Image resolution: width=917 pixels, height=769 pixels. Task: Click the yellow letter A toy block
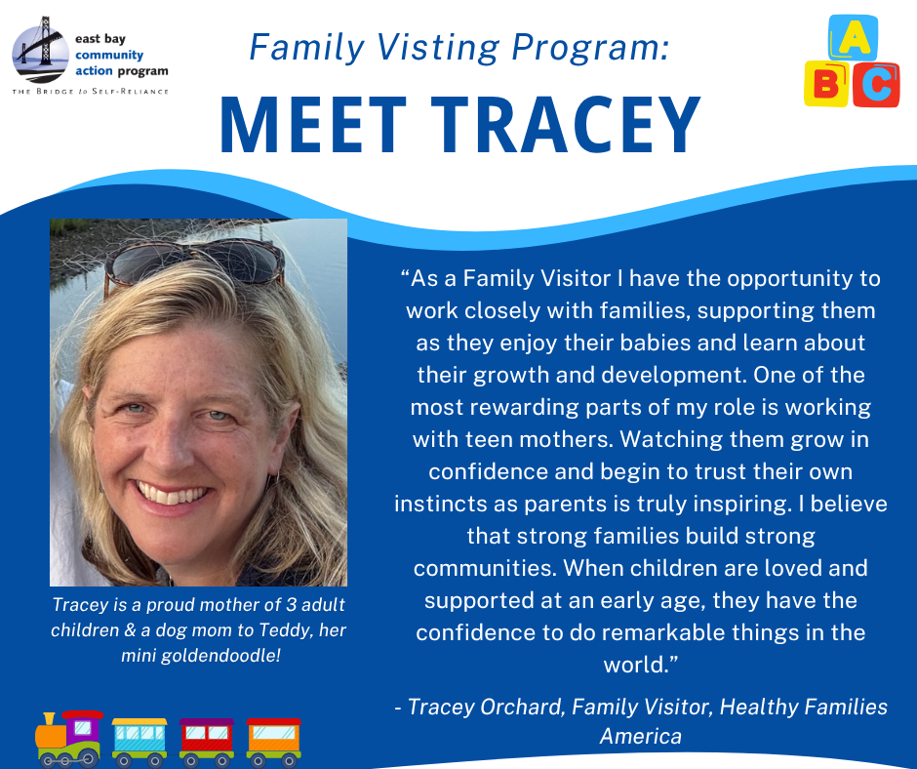coord(854,38)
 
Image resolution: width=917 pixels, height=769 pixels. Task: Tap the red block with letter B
coord(825,84)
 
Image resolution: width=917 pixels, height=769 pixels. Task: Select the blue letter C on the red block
coord(875,86)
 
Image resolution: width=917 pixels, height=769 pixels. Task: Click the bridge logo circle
coord(40,52)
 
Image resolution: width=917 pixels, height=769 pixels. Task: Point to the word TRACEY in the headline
coord(566,125)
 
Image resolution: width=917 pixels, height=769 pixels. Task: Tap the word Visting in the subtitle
coord(438,48)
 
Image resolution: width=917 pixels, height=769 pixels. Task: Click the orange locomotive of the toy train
coord(68,739)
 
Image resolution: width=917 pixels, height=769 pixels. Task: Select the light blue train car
coord(140,742)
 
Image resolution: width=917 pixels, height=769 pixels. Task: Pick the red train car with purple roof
coord(207,742)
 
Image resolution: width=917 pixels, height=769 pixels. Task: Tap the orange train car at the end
coord(273,742)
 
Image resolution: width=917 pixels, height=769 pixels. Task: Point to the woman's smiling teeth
coord(172,494)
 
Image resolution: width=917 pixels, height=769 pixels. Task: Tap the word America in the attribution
coord(640,736)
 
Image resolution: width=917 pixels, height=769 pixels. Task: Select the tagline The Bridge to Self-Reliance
coord(91,92)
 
